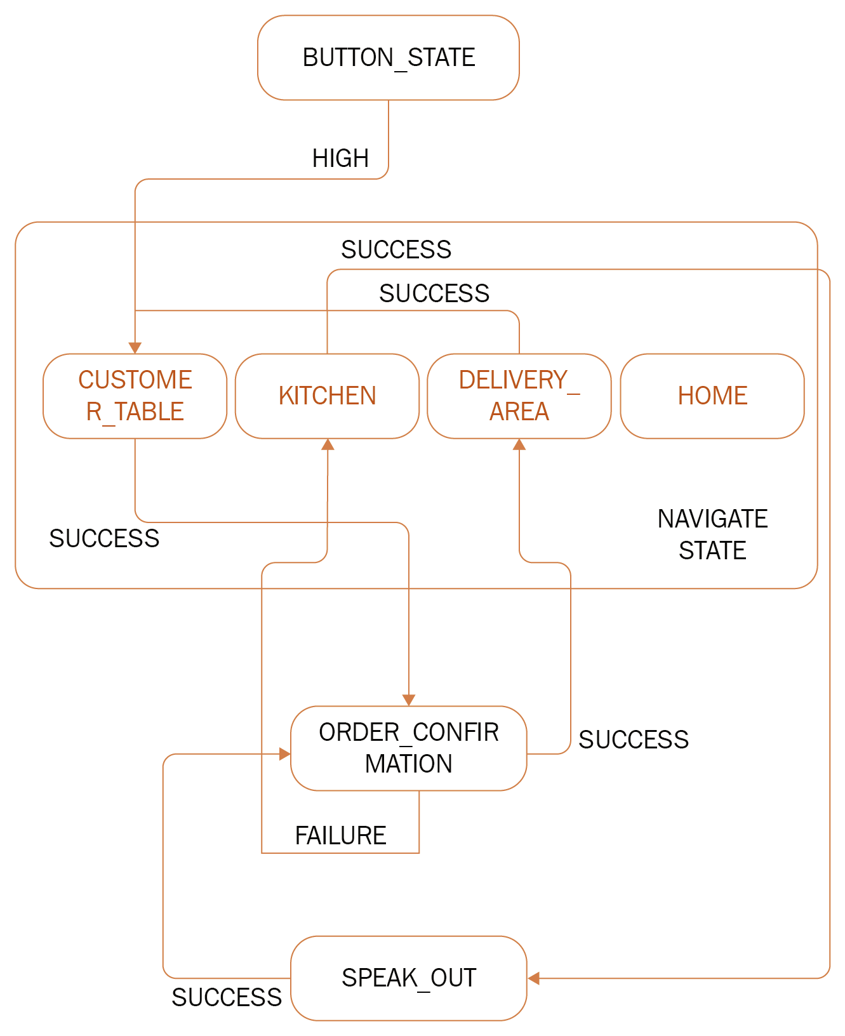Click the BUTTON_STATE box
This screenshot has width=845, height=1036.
[x=389, y=58]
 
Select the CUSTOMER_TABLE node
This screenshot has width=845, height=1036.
[x=135, y=395]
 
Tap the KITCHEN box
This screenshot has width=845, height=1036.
[x=327, y=395]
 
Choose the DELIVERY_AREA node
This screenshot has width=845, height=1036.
[x=519, y=395]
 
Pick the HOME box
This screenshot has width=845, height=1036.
[x=712, y=395]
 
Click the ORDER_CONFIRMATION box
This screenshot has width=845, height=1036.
[x=408, y=748]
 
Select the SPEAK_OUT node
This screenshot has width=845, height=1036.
[x=408, y=978]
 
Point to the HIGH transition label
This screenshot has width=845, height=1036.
[x=340, y=158]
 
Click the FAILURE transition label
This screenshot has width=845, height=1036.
[x=340, y=835]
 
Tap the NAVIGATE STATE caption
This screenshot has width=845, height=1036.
[x=712, y=535]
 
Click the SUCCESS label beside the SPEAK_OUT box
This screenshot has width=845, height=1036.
[x=226, y=997]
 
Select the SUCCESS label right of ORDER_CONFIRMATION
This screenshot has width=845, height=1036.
[x=633, y=740]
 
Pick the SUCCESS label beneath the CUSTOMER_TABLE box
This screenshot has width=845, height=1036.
[x=104, y=538]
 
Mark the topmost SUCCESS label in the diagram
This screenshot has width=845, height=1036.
[x=396, y=249]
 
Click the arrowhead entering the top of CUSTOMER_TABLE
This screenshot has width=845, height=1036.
[x=135, y=348]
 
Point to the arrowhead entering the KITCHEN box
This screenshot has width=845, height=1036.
[x=328, y=445]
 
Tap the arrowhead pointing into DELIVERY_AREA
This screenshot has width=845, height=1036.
[x=519, y=445]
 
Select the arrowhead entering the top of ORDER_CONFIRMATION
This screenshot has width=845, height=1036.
[x=409, y=700]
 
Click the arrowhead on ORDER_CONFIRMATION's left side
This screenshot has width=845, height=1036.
[x=284, y=754]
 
